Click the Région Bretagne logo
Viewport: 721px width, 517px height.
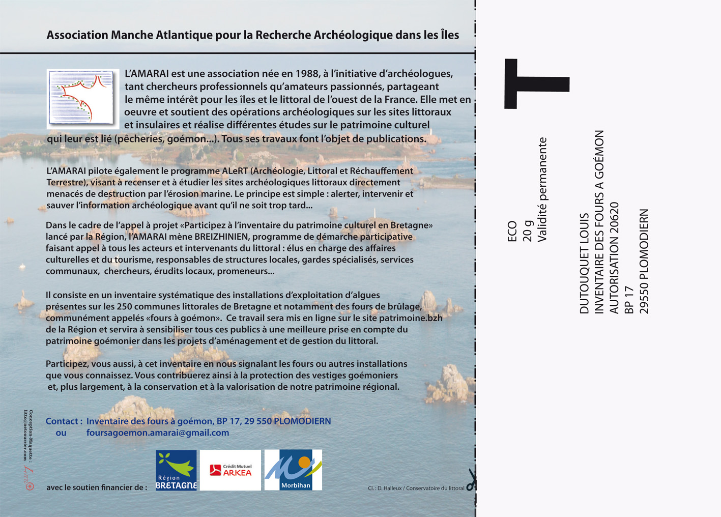tap(176, 470)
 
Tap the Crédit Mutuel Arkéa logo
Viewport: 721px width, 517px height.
tap(230, 470)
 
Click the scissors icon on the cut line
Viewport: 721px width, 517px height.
tap(472, 479)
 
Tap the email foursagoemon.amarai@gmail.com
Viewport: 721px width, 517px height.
tap(158, 433)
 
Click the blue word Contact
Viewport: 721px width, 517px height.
tap(61, 421)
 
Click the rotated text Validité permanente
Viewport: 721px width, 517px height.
tap(542, 190)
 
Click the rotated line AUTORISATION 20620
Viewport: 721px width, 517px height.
tap(614, 257)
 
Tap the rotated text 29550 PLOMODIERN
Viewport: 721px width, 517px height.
tap(644, 261)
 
